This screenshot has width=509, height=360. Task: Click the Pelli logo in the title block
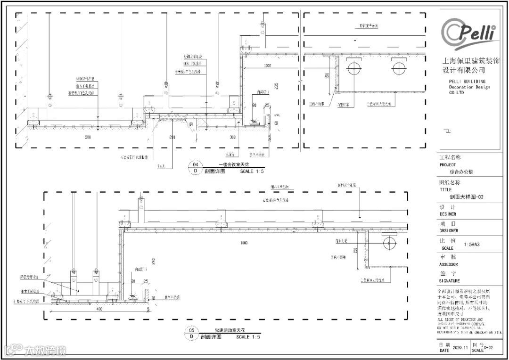click(468, 33)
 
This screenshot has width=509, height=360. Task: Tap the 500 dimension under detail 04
click(88, 137)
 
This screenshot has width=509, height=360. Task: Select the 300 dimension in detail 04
click(232, 137)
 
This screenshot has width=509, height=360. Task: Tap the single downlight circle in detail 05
click(389, 244)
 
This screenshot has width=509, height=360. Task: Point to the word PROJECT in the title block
click(448, 165)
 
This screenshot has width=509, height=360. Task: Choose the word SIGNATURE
click(450, 281)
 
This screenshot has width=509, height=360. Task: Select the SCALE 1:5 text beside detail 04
click(252, 172)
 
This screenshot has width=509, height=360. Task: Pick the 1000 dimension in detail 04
click(267, 65)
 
